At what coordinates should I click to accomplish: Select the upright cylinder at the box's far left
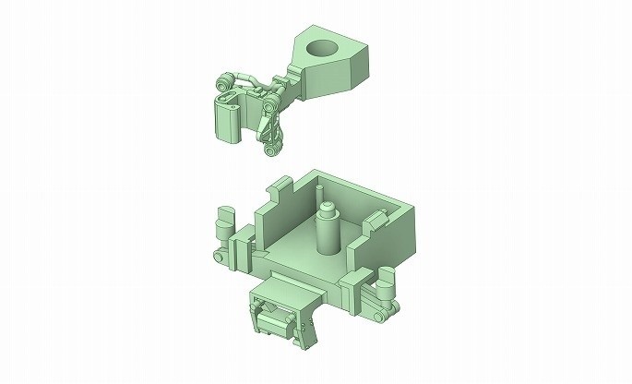pyautogui.click(x=222, y=223)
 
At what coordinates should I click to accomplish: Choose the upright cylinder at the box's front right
pyautogui.click(x=386, y=277)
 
